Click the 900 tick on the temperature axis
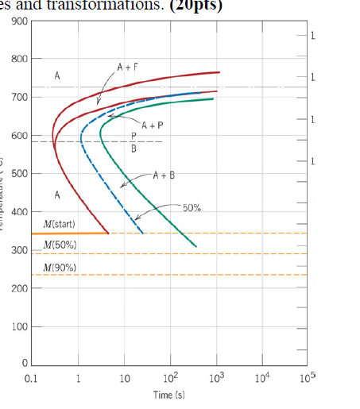17,20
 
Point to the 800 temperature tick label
17,59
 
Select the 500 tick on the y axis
17,174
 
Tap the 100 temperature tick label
17,327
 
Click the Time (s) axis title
169,395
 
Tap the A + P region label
153,125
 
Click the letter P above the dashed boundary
134,136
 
